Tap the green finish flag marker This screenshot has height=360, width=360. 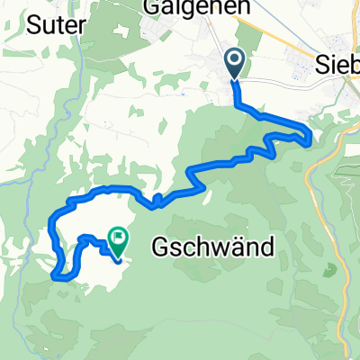coord(118,238)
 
